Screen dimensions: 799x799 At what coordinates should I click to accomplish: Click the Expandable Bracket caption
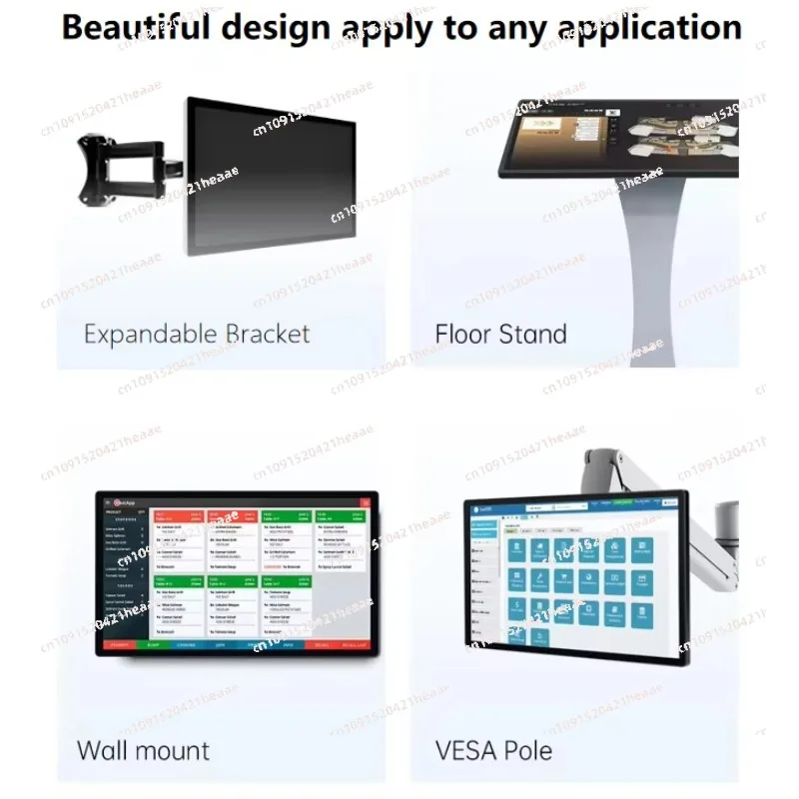197,334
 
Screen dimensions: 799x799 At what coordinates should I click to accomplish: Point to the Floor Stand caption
500,334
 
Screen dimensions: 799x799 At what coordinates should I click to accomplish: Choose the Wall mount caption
144,750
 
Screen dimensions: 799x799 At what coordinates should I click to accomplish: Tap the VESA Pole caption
493,750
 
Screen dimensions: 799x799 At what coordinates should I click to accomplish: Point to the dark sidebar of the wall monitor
124,569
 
